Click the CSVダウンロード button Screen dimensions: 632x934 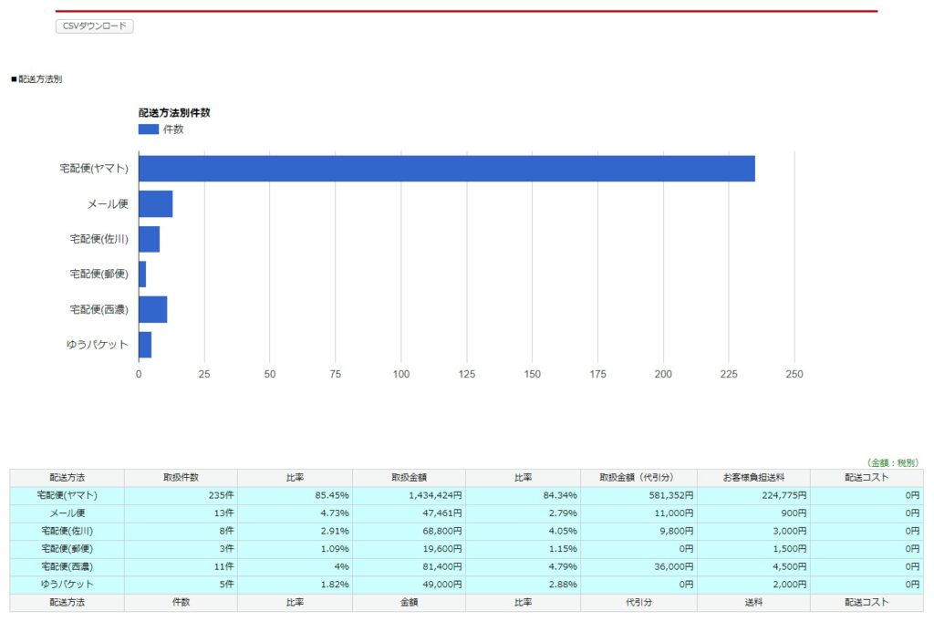pos(95,26)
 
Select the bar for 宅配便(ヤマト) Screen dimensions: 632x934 pos(446,169)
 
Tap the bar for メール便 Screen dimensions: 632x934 pos(155,204)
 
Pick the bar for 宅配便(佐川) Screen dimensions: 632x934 pos(149,239)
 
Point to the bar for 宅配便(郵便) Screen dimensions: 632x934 pos(142,275)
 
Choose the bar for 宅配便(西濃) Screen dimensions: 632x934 pos(152,310)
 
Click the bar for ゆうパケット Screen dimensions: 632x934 pos(145,345)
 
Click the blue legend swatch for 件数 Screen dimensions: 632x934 pos(148,130)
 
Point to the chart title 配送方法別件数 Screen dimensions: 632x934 pos(174,113)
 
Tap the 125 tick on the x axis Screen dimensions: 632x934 pos(467,374)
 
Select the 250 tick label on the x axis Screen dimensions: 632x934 pos(794,374)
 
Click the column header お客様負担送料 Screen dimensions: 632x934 pos(753,478)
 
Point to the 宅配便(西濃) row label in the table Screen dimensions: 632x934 pos(67,566)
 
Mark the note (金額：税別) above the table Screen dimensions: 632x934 pos(893,462)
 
